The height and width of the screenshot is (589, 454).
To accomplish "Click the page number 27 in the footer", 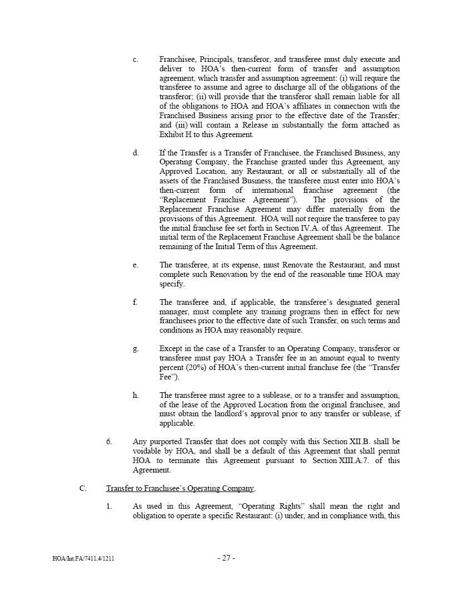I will point(226,558).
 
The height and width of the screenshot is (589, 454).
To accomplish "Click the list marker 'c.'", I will point(136,59).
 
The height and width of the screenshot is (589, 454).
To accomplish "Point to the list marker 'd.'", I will point(136,153).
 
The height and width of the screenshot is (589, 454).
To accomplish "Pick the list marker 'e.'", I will point(136,265).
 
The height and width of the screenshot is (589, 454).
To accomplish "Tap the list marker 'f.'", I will point(135,302).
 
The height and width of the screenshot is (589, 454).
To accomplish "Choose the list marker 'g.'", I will point(136,349).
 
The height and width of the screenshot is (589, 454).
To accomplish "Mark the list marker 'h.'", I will point(136,396).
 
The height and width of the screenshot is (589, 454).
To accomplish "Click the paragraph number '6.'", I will point(110,442).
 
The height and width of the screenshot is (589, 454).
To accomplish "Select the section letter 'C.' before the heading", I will point(83,489).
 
